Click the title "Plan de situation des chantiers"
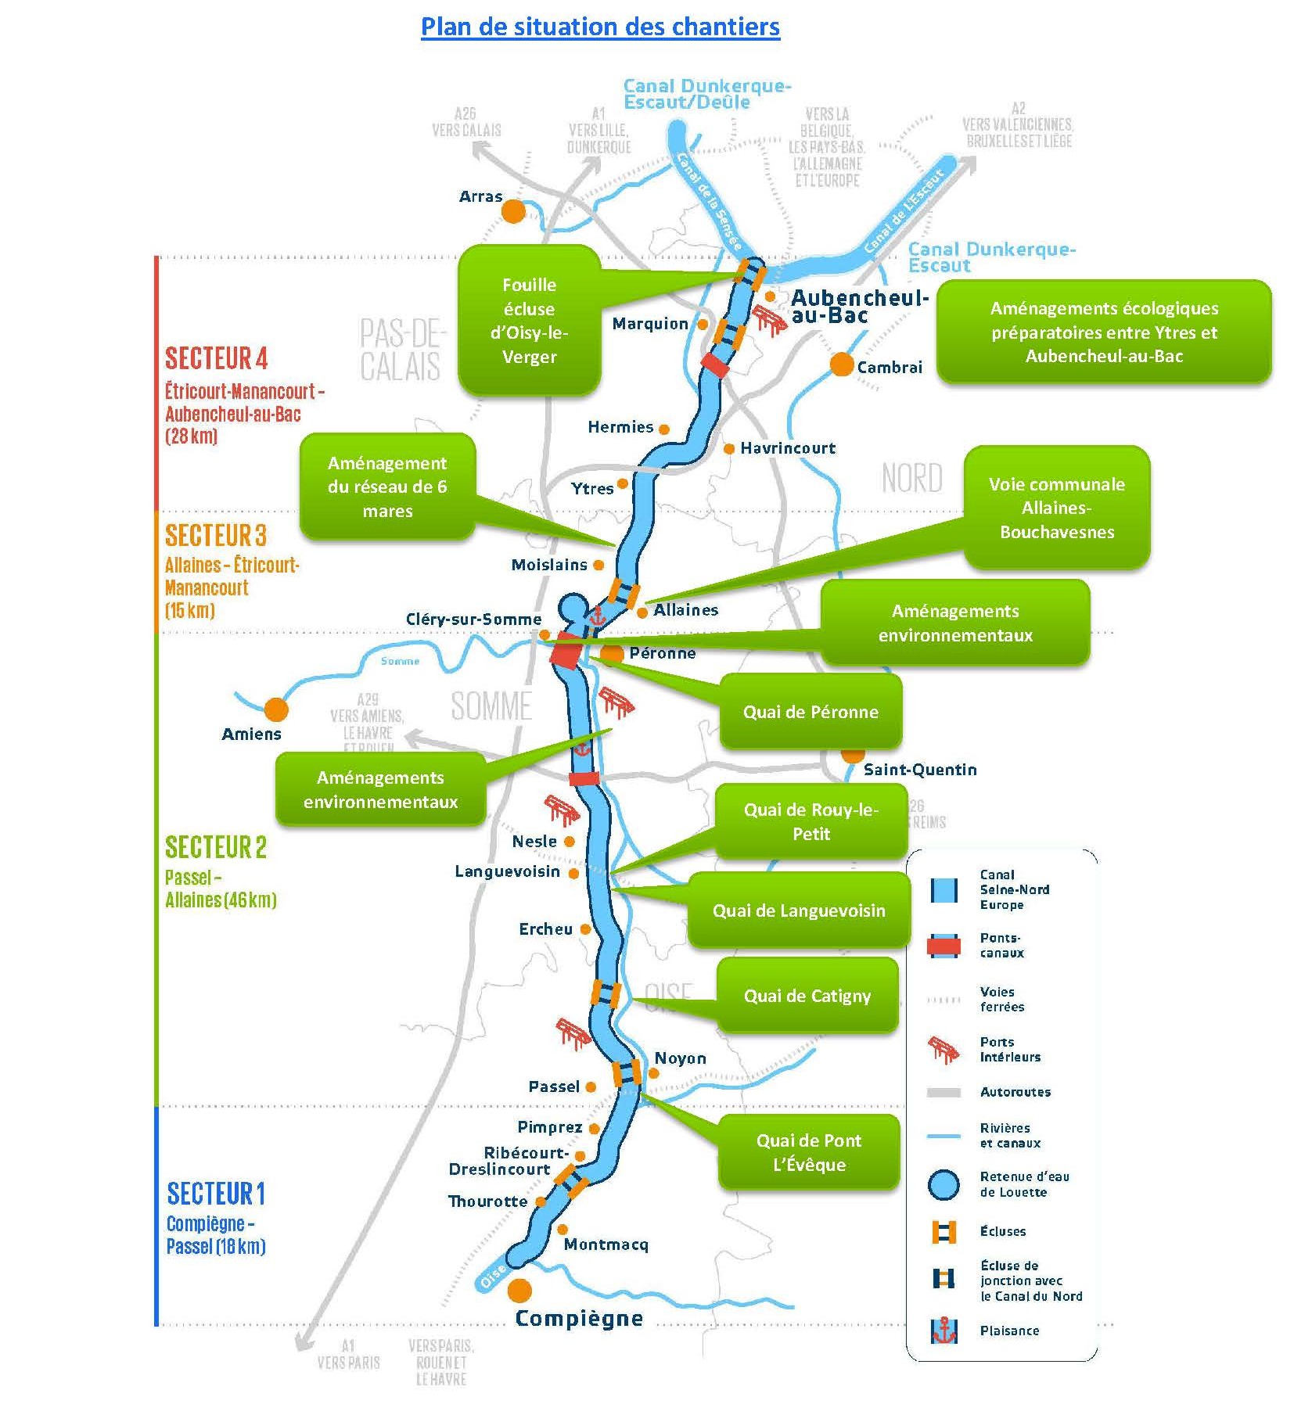[x=600, y=27]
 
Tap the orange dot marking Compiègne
[x=519, y=1290]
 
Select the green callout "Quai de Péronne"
[x=811, y=712]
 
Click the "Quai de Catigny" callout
[x=807, y=996]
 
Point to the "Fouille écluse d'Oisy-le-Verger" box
[x=529, y=321]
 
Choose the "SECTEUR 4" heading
[x=216, y=358]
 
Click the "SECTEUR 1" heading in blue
[x=216, y=1194]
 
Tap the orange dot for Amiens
[x=275, y=709]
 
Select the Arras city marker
[x=513, y=210]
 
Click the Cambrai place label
[x=890, y=367]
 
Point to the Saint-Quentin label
[x=920, y=770]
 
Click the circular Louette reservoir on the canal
[x=573, y=607]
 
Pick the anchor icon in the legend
[x=944, y=1331]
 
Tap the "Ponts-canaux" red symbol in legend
[x=944, y=946]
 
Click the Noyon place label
[x=680, y=1058]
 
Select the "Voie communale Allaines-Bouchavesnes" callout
[x=1056, y=508]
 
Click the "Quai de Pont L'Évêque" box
[x=809, y=1152]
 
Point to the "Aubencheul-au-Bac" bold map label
[x=859, y=306]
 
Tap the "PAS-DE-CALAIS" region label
[x=401, y=350]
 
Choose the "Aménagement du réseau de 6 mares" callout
[x=387, y=487]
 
